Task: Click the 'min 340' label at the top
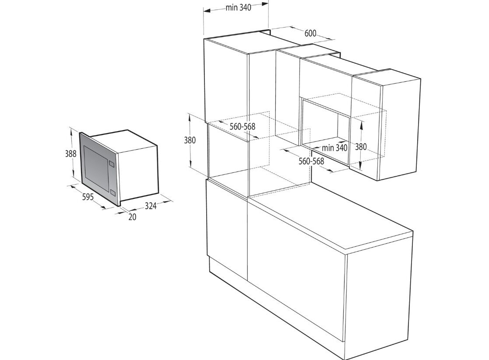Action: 239,7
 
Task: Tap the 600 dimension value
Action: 310,33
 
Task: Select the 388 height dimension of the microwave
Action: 71,154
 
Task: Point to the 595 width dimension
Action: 88,197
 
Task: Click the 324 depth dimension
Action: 151,206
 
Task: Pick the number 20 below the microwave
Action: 133,217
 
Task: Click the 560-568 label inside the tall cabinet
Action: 243,126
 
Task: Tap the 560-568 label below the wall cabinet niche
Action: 311,161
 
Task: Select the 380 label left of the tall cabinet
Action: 190,140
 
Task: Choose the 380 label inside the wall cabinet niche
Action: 361,147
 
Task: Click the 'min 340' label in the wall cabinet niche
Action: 334,147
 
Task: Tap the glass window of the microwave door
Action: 95,167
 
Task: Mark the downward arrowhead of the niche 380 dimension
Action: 361,166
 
